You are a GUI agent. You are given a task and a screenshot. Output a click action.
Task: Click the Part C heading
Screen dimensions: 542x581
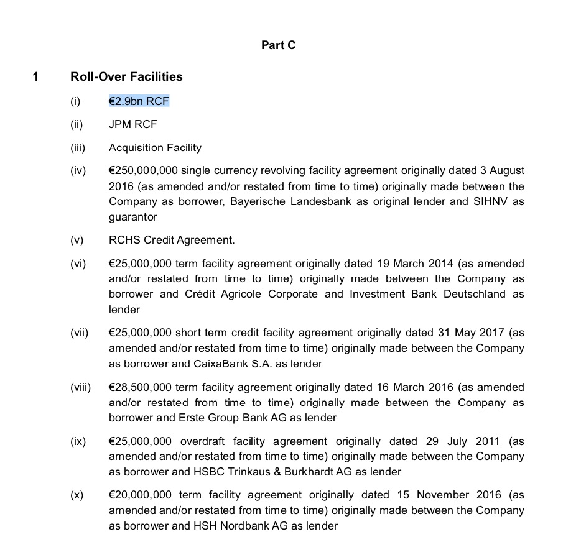(278, 45)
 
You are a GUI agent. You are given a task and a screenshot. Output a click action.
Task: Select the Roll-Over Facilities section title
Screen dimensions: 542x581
(126, 76)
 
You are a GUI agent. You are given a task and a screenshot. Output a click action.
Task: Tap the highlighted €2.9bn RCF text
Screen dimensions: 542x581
(139, 101)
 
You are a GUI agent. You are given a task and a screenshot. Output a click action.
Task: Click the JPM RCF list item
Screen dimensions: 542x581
(132, 124)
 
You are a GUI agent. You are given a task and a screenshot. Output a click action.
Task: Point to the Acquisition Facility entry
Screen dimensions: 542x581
(155, 148)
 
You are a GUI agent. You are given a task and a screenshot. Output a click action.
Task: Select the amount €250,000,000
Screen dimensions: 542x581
(140, 170)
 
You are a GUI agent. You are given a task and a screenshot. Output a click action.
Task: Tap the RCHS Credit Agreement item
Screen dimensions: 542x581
(172, 240)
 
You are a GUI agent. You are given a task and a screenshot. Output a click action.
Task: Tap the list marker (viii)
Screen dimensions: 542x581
(80, 387)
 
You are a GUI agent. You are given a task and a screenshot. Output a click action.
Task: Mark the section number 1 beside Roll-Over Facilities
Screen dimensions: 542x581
(35, 76)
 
